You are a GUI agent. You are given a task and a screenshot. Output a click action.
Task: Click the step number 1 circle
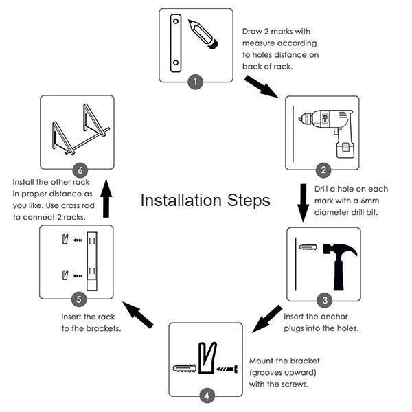[x=196, y=82]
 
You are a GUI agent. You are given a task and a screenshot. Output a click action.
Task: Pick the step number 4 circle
[x=206, y=396]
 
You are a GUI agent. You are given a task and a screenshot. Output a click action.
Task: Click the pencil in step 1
[x=205, y=34]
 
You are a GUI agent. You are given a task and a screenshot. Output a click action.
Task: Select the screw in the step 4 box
[x=226, y=368]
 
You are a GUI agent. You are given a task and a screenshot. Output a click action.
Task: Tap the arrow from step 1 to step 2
[x=261, y=86]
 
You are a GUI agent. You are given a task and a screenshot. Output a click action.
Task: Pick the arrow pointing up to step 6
[x=106, y=198]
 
